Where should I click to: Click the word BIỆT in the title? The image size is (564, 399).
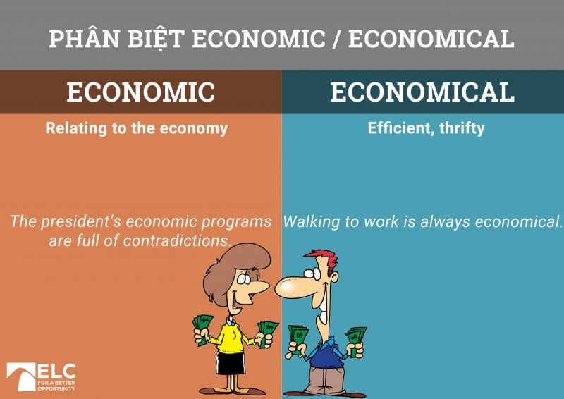(x=154, y=38)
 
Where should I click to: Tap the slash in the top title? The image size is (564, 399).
(x=336, y=39)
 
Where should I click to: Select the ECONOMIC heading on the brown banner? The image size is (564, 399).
(x=140, y=92)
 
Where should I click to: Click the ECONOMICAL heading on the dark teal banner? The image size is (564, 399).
(x=422, y=92)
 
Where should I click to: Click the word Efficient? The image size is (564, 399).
(x=398, y=128)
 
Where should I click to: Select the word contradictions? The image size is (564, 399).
(x=178, y=240)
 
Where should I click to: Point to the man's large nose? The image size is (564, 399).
(x=290, y=286)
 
